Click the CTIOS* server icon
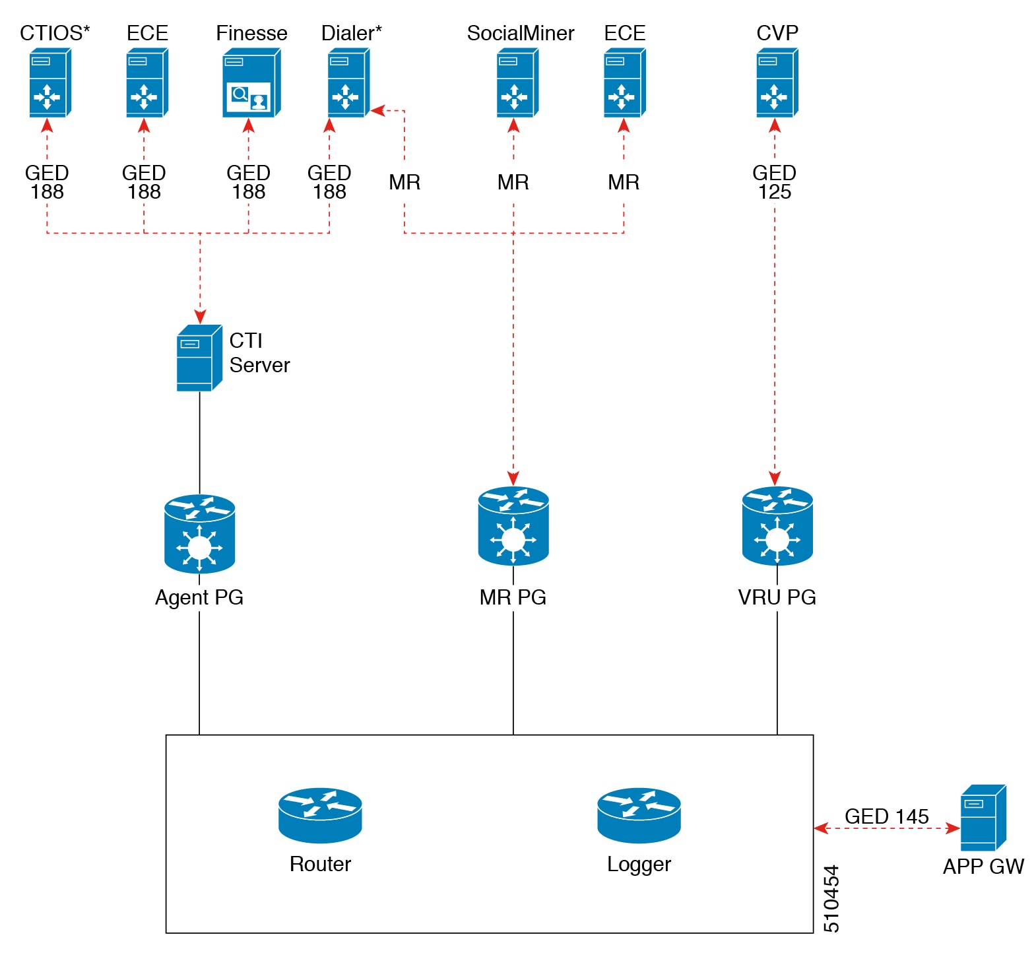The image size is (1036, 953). (x=49, y=84)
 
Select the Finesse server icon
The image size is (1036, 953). (x=251, y=84)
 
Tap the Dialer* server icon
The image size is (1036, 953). (x=348, y=84)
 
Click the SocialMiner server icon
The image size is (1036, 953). (x=517, y=84)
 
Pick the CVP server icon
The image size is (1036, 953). (x=777, y=84)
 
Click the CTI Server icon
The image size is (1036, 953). (x=199, y=358)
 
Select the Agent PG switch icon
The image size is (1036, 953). (x=199, y=533)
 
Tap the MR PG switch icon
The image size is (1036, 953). (x=513, y=526)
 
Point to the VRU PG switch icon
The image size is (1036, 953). (x=777, y=526)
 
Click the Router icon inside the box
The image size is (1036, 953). (x=320, y=815)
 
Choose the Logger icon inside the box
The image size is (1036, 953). (x=639, y=815)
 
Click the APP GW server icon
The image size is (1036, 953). (x=983, y=818)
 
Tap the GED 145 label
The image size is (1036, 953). (x=886, y=816)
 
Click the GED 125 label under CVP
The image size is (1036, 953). (x=774, y=182)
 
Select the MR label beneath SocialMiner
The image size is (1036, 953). (x=513, y=182)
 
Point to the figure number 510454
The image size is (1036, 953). (x=831, y=898)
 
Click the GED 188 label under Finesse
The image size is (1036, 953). (x=248, y=182)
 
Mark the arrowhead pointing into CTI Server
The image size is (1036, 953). (x=200, y=316)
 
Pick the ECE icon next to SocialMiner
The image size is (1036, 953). (x=624, y=84)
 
